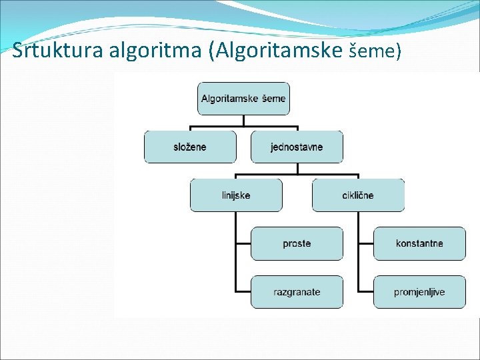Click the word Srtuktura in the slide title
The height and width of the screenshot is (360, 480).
(46, 50)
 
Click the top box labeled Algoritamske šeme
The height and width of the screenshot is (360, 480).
(243, 99)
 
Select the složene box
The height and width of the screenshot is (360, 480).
(190, 147)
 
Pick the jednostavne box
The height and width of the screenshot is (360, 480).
(297, 147)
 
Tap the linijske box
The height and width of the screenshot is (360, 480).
(236, 195)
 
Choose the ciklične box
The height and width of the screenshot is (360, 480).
(358, 195)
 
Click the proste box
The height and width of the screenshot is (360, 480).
(297, 243)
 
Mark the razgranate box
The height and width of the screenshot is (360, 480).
(297, 292)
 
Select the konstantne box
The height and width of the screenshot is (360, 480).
(419, 243)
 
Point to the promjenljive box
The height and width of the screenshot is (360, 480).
(419, 292)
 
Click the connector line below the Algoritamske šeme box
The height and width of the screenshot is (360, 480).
(243, 120)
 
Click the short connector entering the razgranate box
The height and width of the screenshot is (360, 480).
(243, 291)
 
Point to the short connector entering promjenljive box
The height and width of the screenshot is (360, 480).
(365, 291)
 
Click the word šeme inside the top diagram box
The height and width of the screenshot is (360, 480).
(273, 99)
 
